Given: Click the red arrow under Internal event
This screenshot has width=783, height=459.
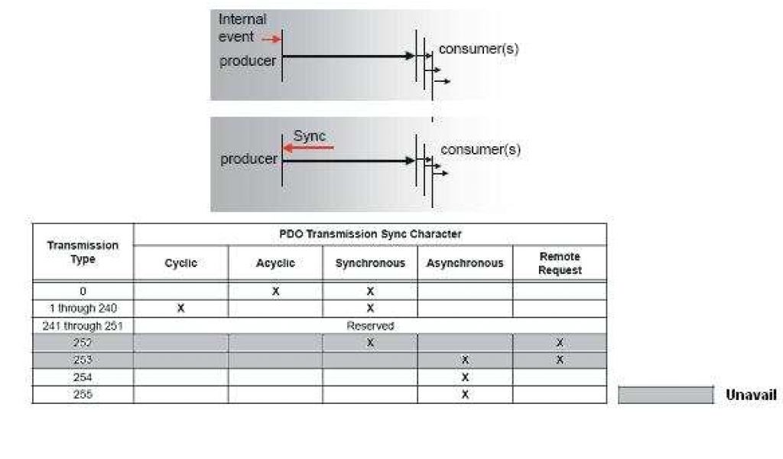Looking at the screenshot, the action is pyautogui.click(x=269, y=37).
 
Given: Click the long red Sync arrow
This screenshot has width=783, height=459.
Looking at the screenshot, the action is pyautogui.click(x=307, y=147).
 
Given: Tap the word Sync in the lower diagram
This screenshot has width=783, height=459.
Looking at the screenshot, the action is pyautogui.click(x=310, y=135).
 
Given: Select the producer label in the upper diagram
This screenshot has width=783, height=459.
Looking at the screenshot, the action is pyautogui.click(x=248, y=61).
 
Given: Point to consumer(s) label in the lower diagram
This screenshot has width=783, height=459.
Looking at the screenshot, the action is pyautogui.click(x=480, y=149).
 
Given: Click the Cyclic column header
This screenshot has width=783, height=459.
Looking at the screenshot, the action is pyautogui.click(x=180, y=263).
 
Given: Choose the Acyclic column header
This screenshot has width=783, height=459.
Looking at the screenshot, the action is pyautogui.click(x=275, y=263).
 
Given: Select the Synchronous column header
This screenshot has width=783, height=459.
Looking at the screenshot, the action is pyautogui.click(x=370, y=263).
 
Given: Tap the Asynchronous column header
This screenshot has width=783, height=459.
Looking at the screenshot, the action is pyautogui.click(x=465, y=263).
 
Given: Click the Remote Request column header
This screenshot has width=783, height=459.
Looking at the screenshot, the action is pyautogui.click(x=560, y=263).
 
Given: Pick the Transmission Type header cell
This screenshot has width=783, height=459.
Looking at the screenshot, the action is pyautogui.click(x=83, y=252).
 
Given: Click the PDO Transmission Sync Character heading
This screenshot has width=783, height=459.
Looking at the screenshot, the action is pyautogui.click(x=369, y=233).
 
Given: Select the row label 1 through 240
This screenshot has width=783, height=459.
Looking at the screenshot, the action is pyautogui.click(x=83, y=308).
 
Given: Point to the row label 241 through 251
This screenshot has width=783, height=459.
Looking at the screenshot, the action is pyautogui.click(x=83, y=326).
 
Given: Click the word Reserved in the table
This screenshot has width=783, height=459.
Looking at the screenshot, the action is pyautogui.click(x=370, y=326).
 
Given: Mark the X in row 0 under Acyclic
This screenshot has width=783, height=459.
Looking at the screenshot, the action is pyautogui.click(x=275, y=291).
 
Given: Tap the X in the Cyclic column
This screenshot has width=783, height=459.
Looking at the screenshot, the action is pyautogui.click(x=180, y=308).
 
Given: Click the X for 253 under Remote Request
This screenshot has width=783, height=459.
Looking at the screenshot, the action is pyautogui.click(x=560, y=360).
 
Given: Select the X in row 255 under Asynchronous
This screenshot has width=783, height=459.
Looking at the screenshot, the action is pyautogui.click(x=465, y=395).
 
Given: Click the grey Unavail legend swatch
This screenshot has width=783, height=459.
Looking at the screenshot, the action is pyautogui.click(x=665, y=395).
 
